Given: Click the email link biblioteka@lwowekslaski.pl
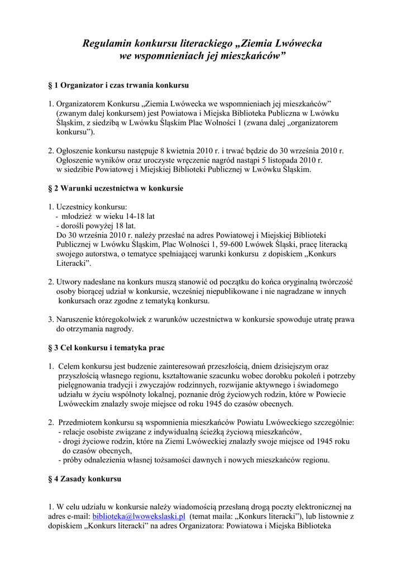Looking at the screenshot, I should pos(139,517).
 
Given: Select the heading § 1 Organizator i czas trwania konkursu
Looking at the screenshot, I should pos(118,85).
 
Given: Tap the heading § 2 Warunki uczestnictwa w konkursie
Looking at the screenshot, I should pos(116,188).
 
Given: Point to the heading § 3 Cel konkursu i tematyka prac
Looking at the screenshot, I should pos(106,347).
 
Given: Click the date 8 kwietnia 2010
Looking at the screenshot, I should pos(184,150).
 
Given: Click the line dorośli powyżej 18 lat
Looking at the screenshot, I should pos(98,226).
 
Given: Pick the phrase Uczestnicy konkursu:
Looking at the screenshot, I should pos(92,207).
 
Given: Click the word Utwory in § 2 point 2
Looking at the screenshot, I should pos(69,282).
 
